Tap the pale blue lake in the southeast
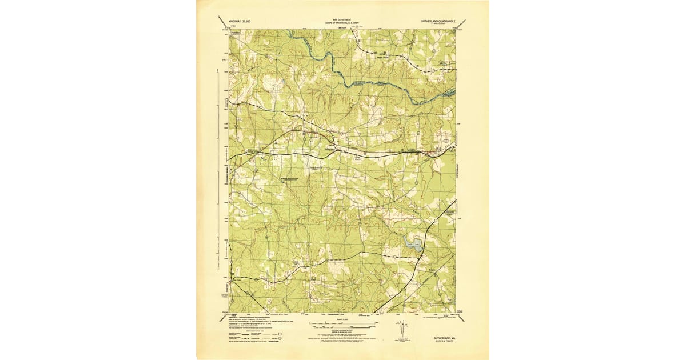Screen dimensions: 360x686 (412, 244)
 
